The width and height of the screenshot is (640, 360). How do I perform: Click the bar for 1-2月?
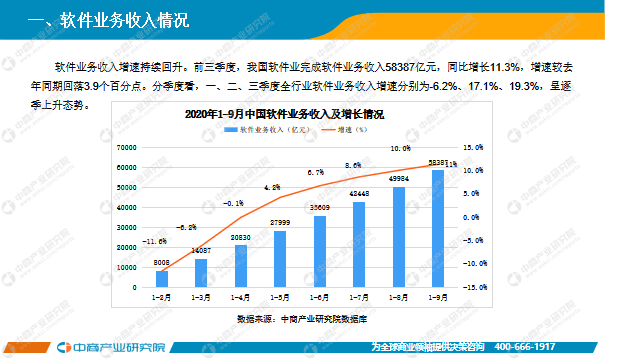(162, 279)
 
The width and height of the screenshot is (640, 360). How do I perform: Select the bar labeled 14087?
(201, 273)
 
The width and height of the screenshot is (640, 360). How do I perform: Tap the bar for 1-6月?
(320, 252)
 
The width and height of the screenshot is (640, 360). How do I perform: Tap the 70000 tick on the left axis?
(125, 147)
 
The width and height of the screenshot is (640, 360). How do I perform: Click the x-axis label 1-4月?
(241, 297)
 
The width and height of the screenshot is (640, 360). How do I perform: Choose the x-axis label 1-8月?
(398, 297)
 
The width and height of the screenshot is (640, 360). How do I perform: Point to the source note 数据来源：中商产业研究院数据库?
(302, 318)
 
